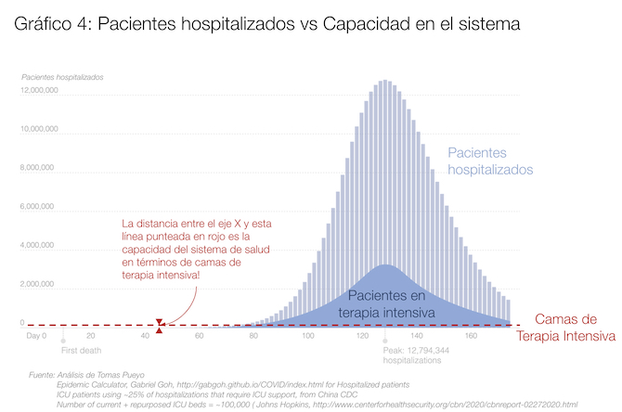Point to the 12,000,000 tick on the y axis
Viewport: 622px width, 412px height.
click(x=40, y=90)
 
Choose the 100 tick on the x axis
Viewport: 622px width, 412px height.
click(x=307, y=335)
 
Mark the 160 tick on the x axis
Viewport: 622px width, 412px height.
click(x=471, y=335)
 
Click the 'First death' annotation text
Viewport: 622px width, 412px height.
click(x=82, y=352)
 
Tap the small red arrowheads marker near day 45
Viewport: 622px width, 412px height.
click(x=160, y=325)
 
